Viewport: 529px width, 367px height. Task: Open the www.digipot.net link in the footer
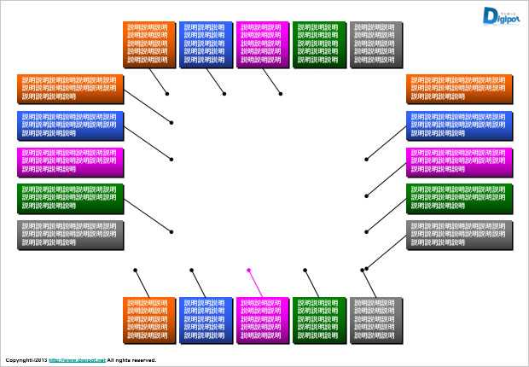coord(77,360)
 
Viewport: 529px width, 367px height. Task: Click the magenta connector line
coord(255,284)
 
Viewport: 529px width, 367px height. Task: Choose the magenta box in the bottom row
coord(261,320)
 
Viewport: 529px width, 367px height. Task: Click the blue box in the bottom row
coord(205,320)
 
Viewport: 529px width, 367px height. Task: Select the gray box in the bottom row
coord(375,320)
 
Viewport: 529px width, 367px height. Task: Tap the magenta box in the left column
coord(69,161)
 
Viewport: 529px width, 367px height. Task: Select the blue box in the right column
coord(459,125)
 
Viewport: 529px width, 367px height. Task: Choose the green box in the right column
coord(459,198)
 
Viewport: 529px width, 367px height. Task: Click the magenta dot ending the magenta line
coord(248,270)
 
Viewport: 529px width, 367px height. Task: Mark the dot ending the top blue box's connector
coord(224,94)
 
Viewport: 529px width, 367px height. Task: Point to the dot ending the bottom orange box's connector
coord(135,270)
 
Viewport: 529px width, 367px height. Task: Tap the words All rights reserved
coord(131,360)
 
